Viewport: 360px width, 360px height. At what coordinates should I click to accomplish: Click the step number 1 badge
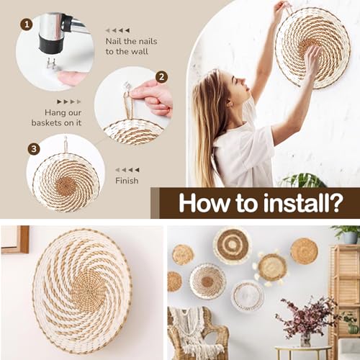point(27,24)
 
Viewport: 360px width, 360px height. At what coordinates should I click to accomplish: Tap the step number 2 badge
point(161,77)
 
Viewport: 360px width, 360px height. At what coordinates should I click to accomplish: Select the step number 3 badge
point(34,149)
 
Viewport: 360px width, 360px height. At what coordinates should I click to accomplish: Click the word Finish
point(127,181)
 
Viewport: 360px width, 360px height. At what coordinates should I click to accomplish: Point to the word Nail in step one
point(114,41)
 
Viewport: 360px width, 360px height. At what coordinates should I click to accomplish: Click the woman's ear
point(232,104)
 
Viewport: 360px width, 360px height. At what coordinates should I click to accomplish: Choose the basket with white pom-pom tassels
point(271,268)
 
